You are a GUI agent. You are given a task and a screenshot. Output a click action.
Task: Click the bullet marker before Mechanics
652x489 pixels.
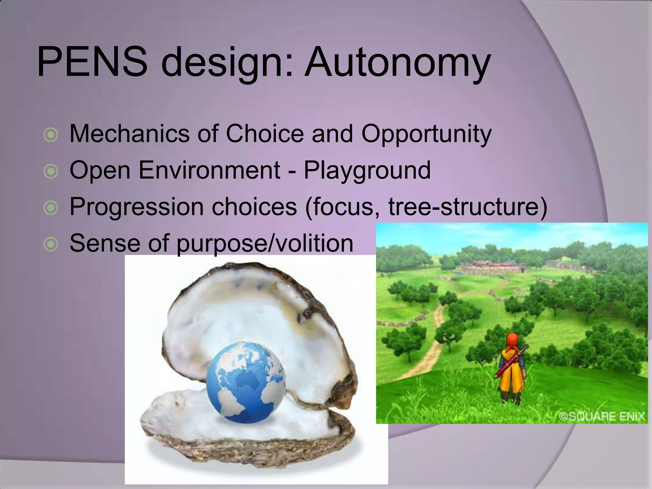pyautogui.click(x=51, y=135)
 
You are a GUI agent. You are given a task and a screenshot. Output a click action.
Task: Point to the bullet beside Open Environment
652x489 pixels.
pyautogui.click(x=51, y=171)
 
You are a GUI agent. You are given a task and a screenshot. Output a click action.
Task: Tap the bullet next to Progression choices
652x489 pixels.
pyautogui.click(x=51, y=208)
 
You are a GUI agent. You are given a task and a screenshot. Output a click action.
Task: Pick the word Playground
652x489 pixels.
pyautogui.click(x=367, y=170)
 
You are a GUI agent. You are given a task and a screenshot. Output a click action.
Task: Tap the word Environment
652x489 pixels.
pyautogui.click(x=209, y=170)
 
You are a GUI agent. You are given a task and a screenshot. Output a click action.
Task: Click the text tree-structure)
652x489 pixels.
pyautogui.click(x=468, y=207)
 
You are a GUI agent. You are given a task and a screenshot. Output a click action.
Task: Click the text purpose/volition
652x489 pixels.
pyautogui.click(x=265, y=244)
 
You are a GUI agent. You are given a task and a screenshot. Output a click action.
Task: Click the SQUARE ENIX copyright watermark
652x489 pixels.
pyautogui.click(x=602, y=416)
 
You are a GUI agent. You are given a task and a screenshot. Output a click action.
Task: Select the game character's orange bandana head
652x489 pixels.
pyautogui.click(x=512, y=340)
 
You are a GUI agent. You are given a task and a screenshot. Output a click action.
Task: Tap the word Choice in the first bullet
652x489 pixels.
pyautogui.click(x=265, y=134)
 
